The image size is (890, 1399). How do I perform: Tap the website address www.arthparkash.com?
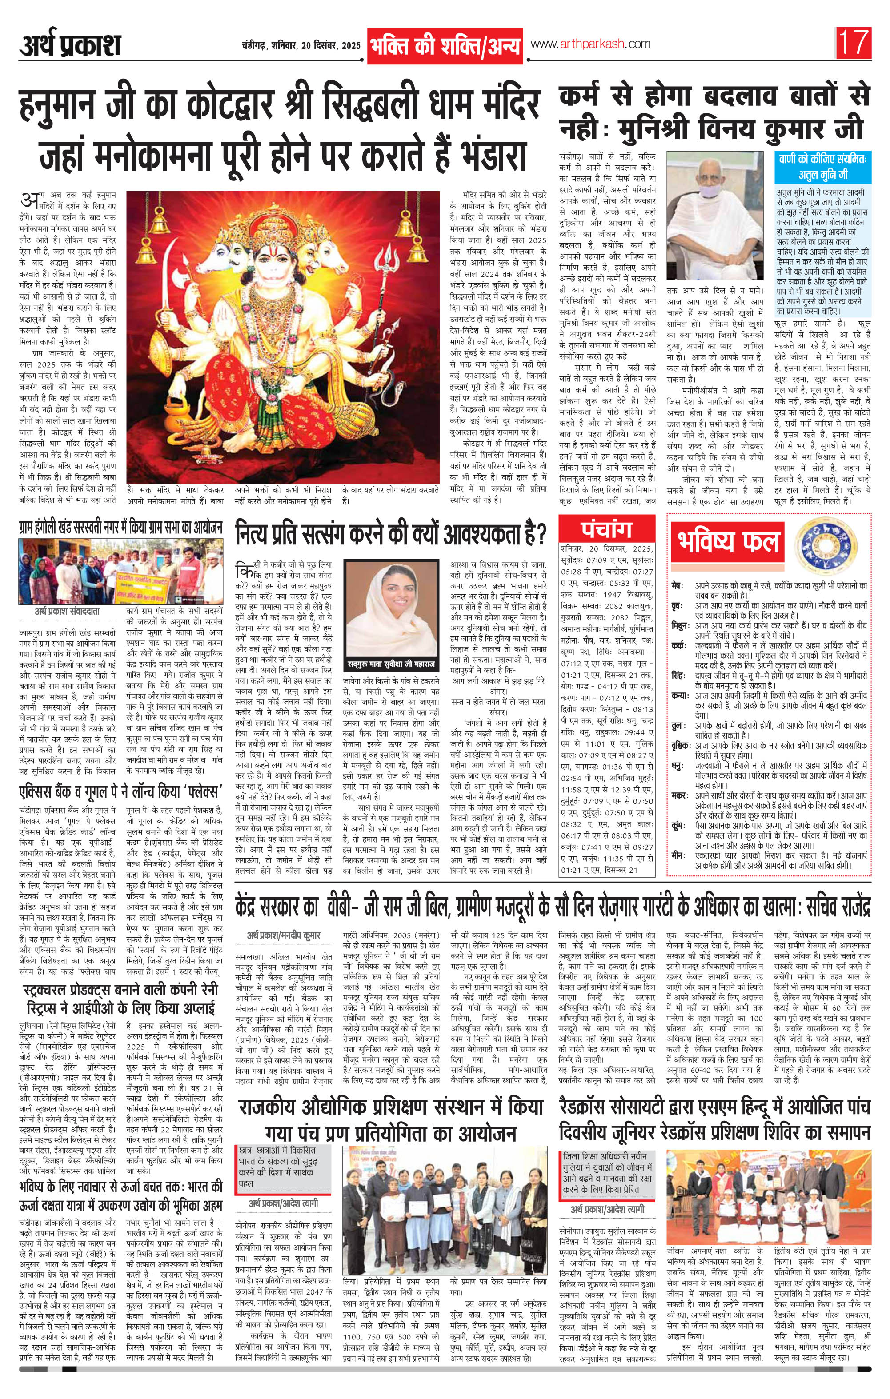point(589,44)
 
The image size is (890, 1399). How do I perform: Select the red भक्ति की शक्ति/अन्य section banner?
point(445,45)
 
